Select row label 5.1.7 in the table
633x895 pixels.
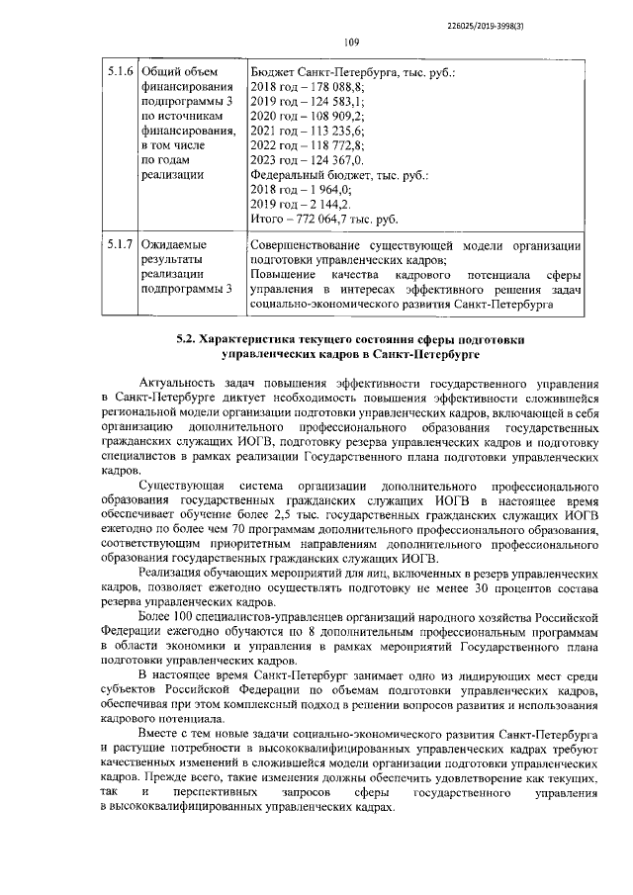(120, 243)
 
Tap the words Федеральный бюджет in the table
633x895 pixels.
(306, 175)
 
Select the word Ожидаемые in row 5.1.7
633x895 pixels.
(175, 243)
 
